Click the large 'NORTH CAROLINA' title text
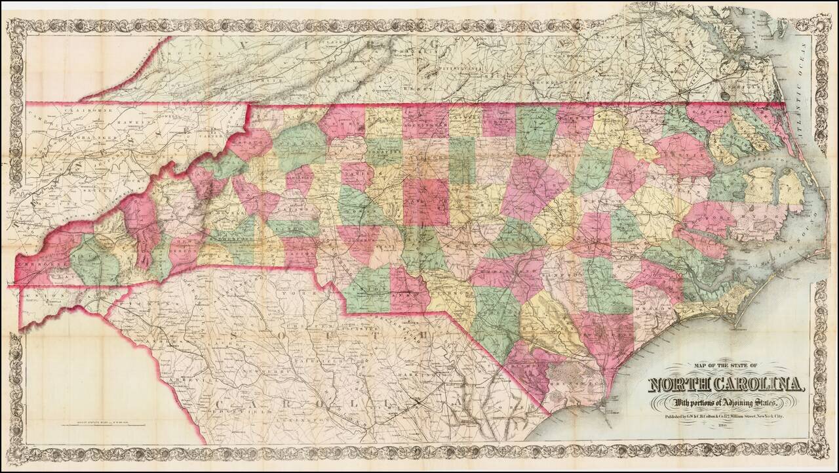[728, 384]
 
